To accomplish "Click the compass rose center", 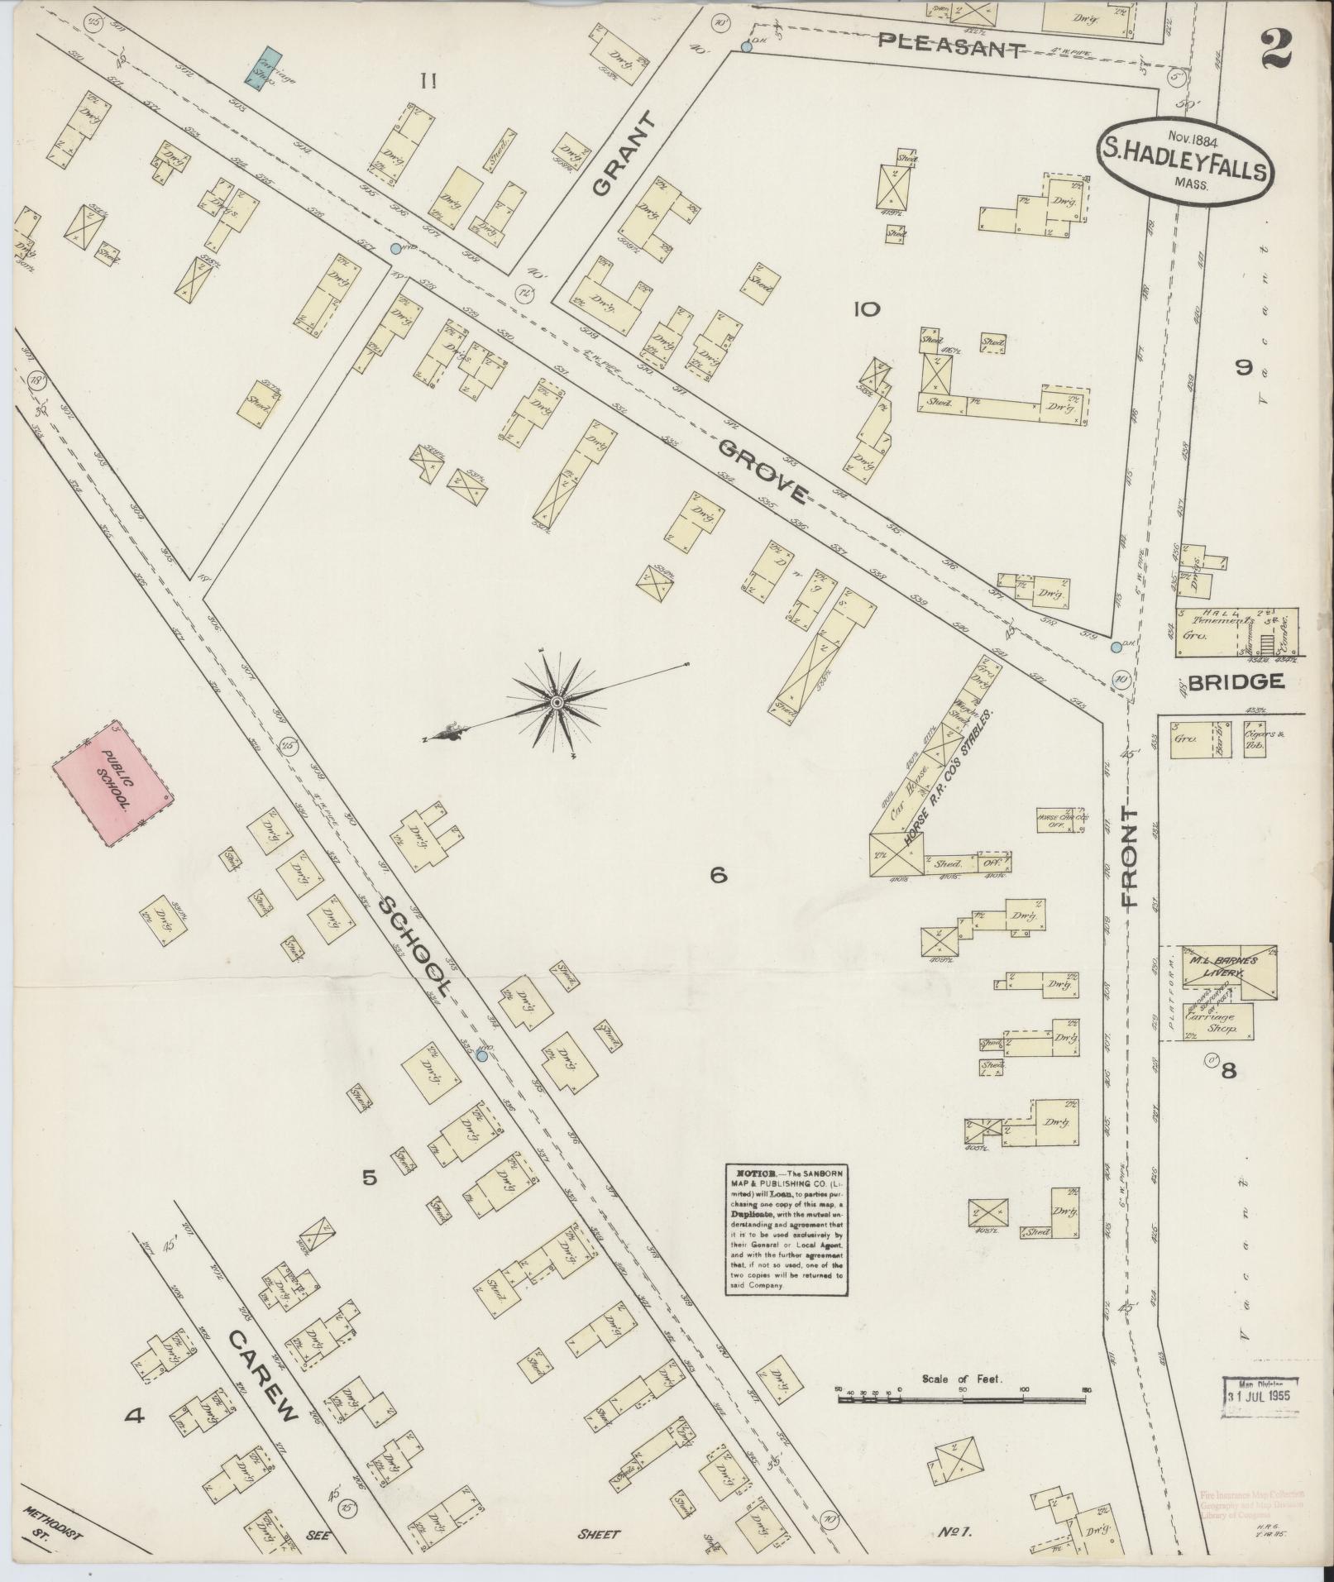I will (x=557, y=702).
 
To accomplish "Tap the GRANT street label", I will (x=624, y=155).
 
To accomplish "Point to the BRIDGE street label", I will (x=1235, y=681).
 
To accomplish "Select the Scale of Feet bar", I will (x=959, y=1400).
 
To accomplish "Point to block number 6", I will (x=717, y=873).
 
